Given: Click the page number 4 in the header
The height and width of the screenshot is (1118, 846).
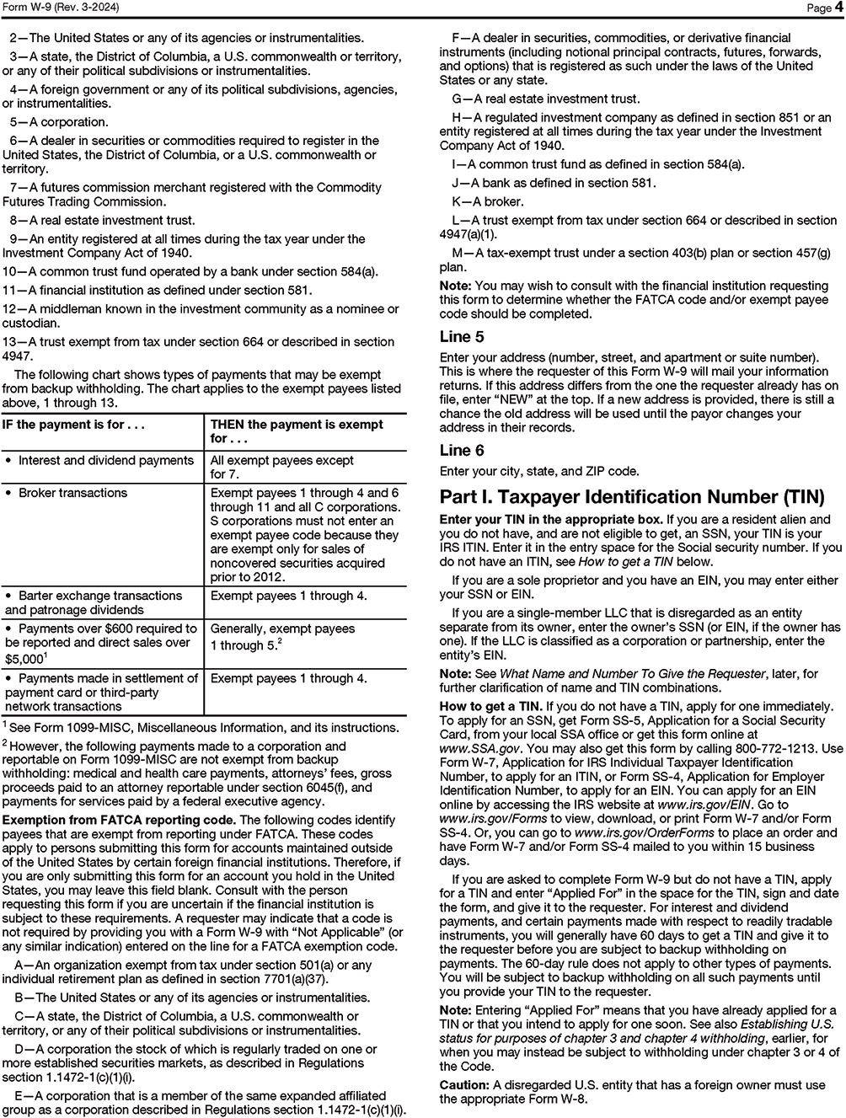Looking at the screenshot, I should click(839, 8).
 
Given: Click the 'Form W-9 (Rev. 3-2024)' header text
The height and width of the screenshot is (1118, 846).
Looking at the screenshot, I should click(59, 8).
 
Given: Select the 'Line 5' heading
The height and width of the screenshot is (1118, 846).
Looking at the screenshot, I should click(462, 337).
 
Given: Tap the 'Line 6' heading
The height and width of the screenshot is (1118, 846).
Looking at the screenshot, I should click(462, 451).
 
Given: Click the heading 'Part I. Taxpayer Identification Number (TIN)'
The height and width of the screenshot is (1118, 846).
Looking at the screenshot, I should click(632, 497).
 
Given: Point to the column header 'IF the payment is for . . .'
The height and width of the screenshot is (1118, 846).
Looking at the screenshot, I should click(76, 425).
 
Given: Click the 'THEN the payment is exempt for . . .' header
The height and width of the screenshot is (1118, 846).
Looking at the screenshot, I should click(297, 431).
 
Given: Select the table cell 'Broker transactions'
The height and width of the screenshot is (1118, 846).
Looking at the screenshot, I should click(72, 493).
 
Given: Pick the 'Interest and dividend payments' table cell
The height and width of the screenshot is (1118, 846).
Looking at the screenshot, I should click(105, 460).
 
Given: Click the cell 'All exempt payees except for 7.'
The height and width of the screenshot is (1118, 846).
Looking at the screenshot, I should click(281, 467).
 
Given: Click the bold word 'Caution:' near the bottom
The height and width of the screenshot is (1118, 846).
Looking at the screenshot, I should click(464, 1085).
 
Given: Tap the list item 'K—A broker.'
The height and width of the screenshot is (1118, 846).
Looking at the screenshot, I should click(488, 201).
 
